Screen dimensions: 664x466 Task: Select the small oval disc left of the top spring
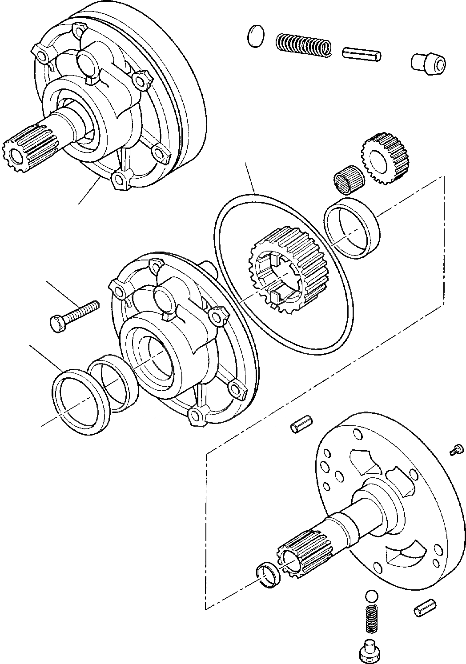point(255,36)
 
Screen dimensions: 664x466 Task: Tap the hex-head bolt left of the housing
point(74,314)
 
